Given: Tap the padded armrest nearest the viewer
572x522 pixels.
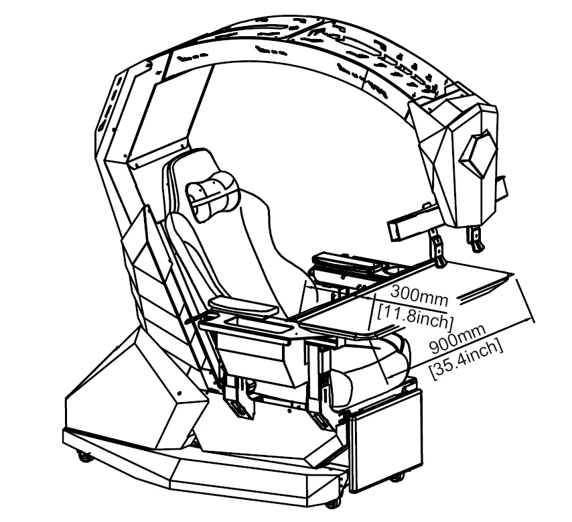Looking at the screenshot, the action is [243, 307].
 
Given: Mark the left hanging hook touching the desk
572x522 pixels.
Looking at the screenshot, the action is [438, 251].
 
